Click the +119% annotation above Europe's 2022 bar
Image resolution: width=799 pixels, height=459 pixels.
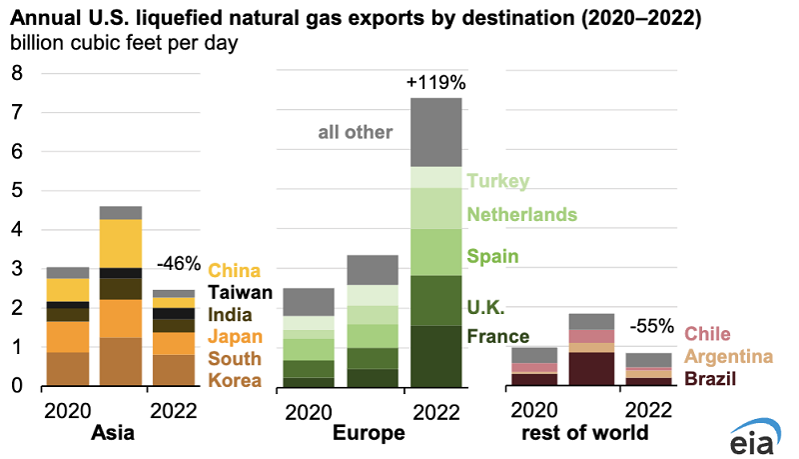coord(436,81)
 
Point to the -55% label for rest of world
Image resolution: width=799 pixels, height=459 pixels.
coord(651,327)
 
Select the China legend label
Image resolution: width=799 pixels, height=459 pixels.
coord(235,270)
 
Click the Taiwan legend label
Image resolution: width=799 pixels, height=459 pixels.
coord(241,292)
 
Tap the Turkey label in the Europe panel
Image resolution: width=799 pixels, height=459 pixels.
coord(496,181)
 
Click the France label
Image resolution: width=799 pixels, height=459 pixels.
coord(498,336)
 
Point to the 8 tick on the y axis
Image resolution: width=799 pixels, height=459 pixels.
coord(16,73)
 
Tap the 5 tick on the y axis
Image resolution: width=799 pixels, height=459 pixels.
coord(16,190)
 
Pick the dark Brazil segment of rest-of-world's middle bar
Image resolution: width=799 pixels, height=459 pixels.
coord(591,368)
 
